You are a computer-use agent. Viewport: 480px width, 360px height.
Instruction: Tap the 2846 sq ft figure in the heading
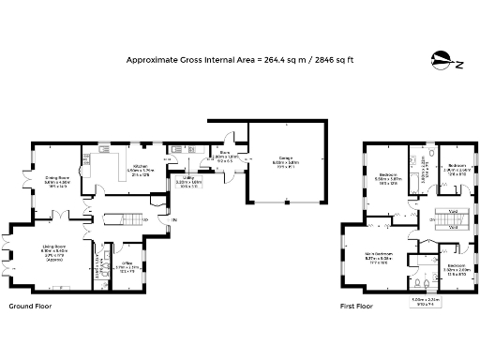point(329,59)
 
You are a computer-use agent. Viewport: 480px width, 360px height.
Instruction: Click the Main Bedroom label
point(378,255)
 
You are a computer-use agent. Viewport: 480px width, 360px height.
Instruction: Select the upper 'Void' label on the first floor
point(451,211)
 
